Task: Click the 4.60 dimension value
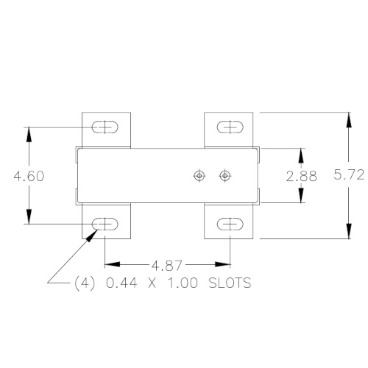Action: coord(29,176)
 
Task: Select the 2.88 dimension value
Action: coord(300,176)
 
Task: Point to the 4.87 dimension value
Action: coord(169,263)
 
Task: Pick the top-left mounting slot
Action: coord(105,127)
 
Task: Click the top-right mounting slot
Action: coord(230,127)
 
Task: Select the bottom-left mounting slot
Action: coord(105,224)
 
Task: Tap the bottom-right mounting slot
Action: coord(230,224)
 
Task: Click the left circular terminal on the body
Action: coord(198,175)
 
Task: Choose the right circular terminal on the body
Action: coord(224,175)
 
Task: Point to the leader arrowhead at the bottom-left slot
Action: coord(94,233)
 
